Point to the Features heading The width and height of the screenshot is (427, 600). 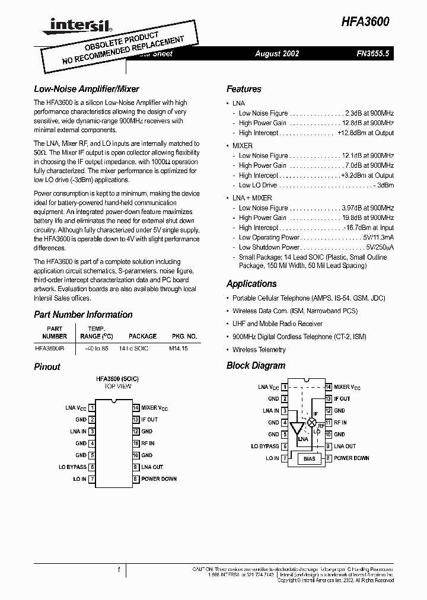coord(244,89)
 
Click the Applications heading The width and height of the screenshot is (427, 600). coord(251,283)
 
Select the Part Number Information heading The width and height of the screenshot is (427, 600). coord(83,314)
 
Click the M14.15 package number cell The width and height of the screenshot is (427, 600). coord(178,349)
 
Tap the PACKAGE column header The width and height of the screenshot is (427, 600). coord(142,336)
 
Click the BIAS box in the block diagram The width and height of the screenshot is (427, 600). coord(310,458)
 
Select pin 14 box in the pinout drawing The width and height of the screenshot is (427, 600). coord(135,408)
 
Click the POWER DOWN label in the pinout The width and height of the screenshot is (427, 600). coord(159,479)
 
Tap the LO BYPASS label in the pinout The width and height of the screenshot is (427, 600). coord(72,467)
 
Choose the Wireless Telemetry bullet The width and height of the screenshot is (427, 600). coord(259,350)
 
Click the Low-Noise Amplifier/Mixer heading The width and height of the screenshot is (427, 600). coord(87,89)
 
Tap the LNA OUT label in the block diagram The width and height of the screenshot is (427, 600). coord(345,446)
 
